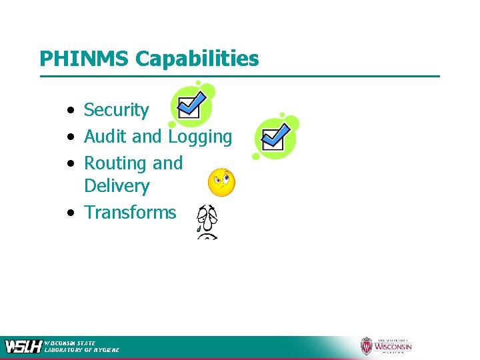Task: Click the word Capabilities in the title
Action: (197, 59)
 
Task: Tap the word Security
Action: (117, 110)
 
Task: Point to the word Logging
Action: (200, 137)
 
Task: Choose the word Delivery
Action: (117, 186)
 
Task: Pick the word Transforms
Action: (130, 213)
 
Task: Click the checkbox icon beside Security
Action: (192, 105)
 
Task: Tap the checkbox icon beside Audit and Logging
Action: (275, 137)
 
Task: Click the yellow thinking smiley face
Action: (221, 182)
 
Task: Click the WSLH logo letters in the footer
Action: (23, 347)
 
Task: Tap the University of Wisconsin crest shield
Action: (366, 346)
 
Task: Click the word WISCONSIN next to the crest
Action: (393, 347)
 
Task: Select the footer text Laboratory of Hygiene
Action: (82, 350)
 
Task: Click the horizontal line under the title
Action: (240, 76)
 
